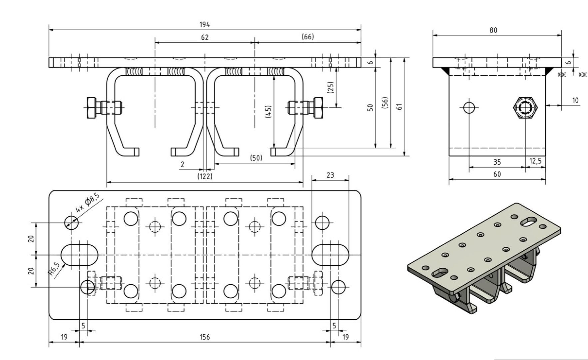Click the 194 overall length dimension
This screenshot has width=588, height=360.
pyautogui.click(x=205, y=25)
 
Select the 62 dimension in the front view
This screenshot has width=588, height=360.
pyautogui.click(x=205, y=37)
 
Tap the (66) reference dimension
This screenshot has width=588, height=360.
pyautogui.click(x=307, y=37)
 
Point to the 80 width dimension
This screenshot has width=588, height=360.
pyautogui.click(x=493, y=30)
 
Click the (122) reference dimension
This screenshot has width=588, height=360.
pyautogui.click(x=205, y=176)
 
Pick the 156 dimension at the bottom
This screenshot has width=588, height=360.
pyautogui.click(x=205, y=337)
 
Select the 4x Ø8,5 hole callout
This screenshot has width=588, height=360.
pyautogui.click(x=87, y=203)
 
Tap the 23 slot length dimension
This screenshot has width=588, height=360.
pyautogui.click(x=330, y=175)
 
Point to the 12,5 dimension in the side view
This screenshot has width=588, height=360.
pyautogui.click(x=535, y=161)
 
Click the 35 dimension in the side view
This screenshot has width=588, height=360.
pyautogui.click(x=497, y=162)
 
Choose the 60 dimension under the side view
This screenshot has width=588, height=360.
pyautogui.click(x=497, y=174)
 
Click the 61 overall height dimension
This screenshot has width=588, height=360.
pyautogui.click(x=400, y=106)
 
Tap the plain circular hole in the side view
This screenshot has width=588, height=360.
pyautogui.click(x=469, y=107)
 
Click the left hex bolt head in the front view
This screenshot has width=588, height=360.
pyautogui.click(x=92, y=107)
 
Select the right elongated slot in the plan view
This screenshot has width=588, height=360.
pyautogui.click(x=330, y=255)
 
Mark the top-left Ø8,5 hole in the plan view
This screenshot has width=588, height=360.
pyautogui.click(x=71, y=222)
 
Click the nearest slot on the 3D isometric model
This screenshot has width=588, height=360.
pyautogui.click(x=441, y=273)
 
